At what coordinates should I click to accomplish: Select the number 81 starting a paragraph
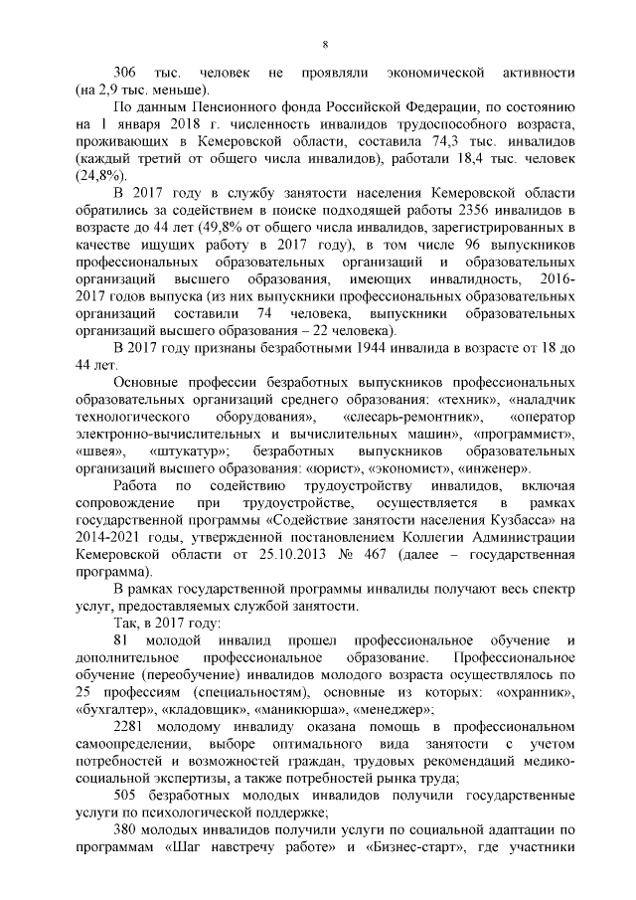(x=122, y=640)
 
